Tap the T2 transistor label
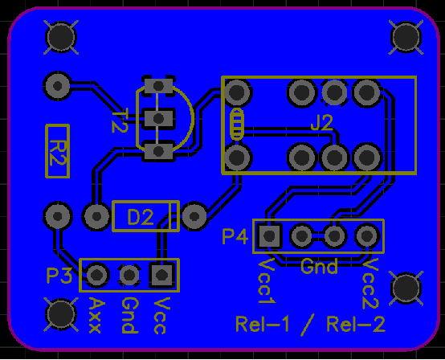pyautogui.click(x=120, y=121)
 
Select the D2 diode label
pyautogui.click(x=141, y=217)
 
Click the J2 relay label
pyautogui.click(x=321, y=123)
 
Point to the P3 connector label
pyautogui.click(x=59, y=276)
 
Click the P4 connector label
pyautogui.click(x=235, y=236)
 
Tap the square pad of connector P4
pyautogui.click(x=269, y=235)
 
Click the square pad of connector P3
pyautogui.click(x=161, y=275)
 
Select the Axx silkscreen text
pyautogui.click(x=95, y=315)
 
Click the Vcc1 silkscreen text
pyautogui.click(x=267, y=280)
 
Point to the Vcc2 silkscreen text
pyautogui.click(x=370, y=284)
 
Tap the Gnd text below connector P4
pyautogui.click(x=319, y=266)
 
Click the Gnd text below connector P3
pyautogui.click(x=130, y=315)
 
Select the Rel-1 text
pyautogui.click(x=262, y=324)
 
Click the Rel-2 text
pyautogui.click(x=356, y=324)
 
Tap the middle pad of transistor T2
pyautogui.click(x=159, y=118)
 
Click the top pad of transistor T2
pyautogui.click(x=159, y=85)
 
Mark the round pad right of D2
pyautogui.click(x=194, y=216)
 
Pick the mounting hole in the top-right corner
pyautogui.click(x=406, y=37)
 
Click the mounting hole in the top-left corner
pyautogui.click(x=61, y=37)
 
